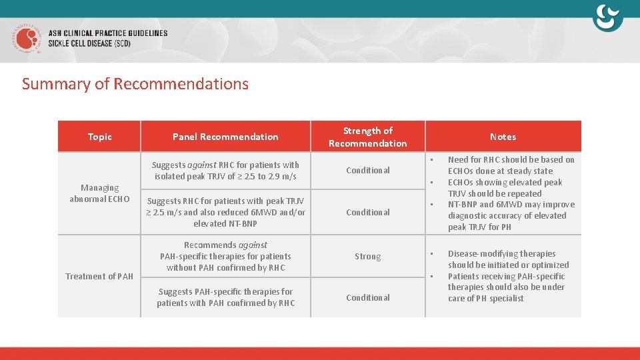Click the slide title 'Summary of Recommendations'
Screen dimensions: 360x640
(x=135, y=84)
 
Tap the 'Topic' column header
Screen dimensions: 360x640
(x=99, y=137)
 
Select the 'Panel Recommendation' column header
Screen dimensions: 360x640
(x=225, y=137)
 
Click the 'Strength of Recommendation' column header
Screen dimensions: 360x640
(x=367, y=137)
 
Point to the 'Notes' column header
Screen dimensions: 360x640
(x=503, y=137)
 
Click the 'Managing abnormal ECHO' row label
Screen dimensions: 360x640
(x=99, y=193)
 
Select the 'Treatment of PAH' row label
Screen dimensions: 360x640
(x=99, y=276)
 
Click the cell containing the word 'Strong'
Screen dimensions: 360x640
(x=367, y=257)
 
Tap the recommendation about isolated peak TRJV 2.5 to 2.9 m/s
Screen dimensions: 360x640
(x=225, y=171)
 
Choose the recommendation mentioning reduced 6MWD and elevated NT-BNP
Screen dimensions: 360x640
(x=225, y=212)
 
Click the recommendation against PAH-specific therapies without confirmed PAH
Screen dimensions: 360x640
(x=225, y=256)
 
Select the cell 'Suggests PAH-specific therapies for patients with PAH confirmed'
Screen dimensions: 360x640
(x=225, y=297)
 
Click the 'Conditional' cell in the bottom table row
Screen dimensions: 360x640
(x=367, y=298)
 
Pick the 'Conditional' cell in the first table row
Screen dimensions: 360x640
(x=367, y=171)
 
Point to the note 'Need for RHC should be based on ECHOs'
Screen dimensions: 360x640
(x=511, y=165)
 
